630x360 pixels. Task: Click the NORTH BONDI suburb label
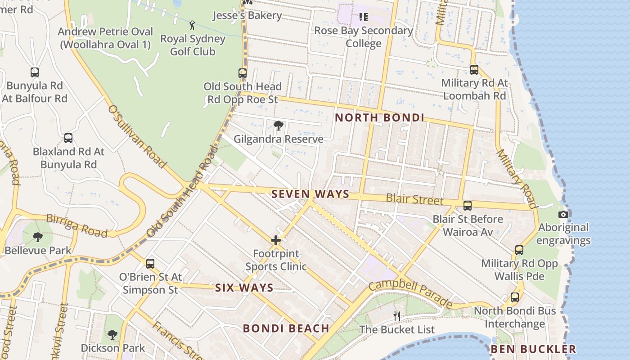click(380, 118)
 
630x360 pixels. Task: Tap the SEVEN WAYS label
click(310, 194)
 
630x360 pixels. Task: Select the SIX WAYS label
click(244, 288)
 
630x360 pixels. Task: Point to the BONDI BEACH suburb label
click(286, 328)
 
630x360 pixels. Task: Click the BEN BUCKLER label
click(533, 349)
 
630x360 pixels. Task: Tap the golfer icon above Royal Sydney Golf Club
click(192, 25)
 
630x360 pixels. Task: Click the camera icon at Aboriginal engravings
click(563, 214)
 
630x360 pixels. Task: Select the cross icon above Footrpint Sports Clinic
click(276, 240)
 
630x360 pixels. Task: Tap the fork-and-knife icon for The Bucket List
click(396, 316)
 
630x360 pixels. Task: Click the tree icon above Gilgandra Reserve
click(278, 125)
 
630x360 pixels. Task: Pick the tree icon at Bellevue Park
click(38, 237)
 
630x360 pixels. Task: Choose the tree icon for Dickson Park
click(112, 334)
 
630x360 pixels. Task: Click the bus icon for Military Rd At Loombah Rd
click(474, 70)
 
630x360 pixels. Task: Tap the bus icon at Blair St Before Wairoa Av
click(468, 206)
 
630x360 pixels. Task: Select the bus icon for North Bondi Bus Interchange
click(514, 297)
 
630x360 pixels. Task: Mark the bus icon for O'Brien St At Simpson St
click(150, 263)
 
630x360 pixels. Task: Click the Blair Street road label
click(414, 199)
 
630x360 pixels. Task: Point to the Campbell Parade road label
click(410, 294)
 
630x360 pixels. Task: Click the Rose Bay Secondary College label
click(364, 37)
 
